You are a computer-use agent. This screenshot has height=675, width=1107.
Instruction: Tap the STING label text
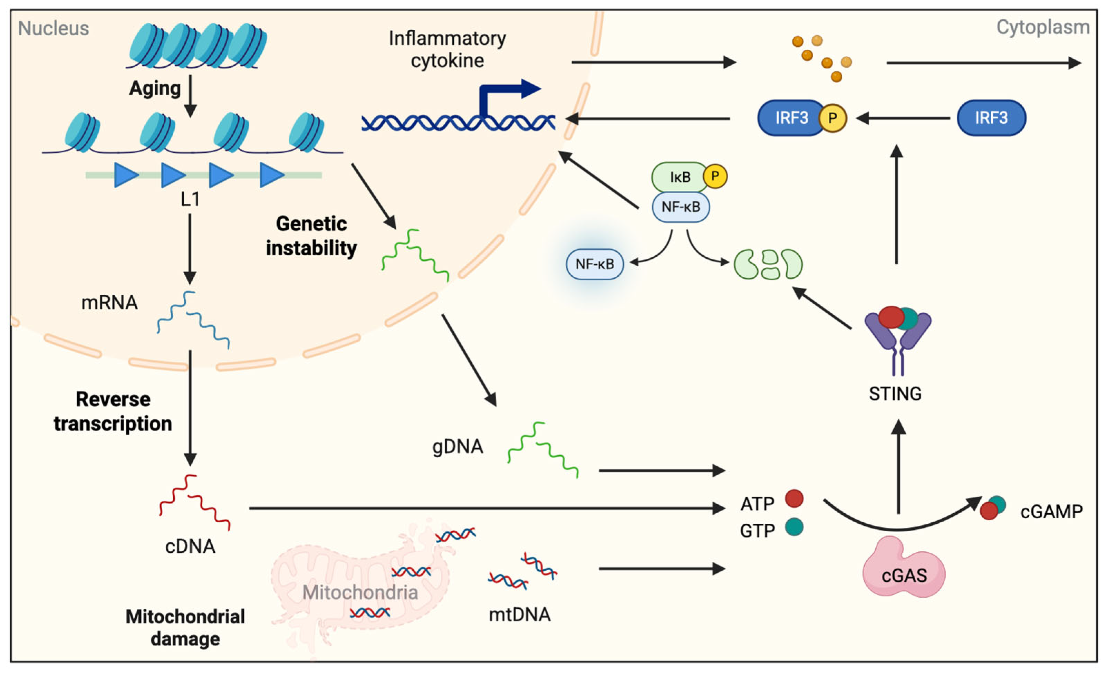coord(895,394)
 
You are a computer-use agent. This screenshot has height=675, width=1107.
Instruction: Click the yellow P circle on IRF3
coord(832,118)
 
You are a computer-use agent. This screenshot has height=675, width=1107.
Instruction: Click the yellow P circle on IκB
coord(715,176)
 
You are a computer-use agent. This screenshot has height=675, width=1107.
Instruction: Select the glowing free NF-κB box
coord(594,264)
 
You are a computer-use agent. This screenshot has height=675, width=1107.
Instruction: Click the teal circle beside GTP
coord(794,527)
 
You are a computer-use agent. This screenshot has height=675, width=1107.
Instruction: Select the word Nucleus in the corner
coord(54,28)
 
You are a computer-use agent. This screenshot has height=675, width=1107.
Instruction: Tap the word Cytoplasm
coord(1043,27)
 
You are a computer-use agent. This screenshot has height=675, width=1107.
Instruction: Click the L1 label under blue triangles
coord(190,199)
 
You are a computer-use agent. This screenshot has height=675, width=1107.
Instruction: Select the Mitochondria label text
coord(360,592)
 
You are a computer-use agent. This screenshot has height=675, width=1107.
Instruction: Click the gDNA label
coord(458,447)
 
